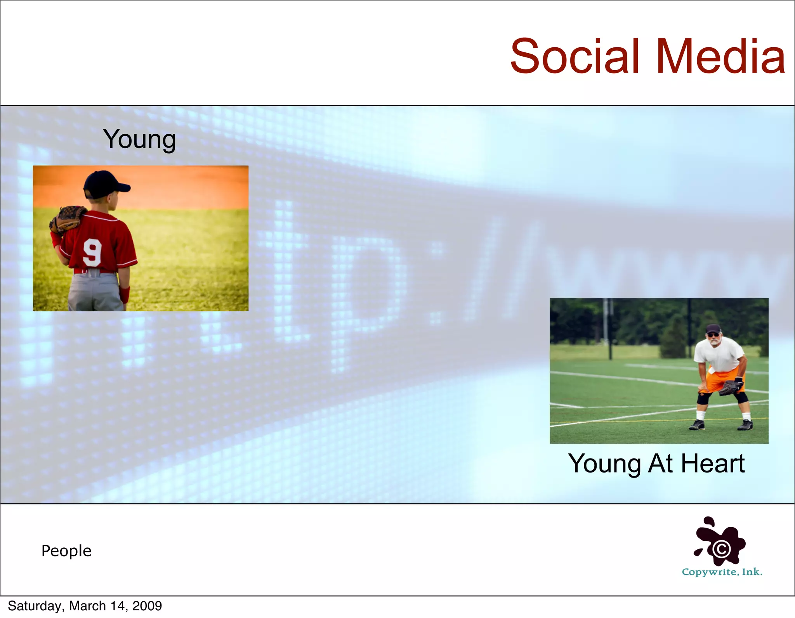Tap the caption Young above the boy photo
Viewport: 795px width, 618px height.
coord(139,140)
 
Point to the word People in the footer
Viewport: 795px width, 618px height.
coord(66,551)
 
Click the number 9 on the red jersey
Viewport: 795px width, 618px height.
coord(92,252)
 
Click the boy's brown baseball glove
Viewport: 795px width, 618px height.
coord(68,219)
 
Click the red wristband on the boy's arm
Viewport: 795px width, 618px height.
coord(125,295)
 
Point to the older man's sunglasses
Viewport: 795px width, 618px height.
coord(713,334)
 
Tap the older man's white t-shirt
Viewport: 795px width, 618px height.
coord(719,353)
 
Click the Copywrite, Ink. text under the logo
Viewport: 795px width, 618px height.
coord(722,572)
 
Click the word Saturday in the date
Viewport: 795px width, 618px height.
coord(35,606)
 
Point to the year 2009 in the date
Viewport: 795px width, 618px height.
coord(147,606)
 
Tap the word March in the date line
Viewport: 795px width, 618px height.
coord(88,606)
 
